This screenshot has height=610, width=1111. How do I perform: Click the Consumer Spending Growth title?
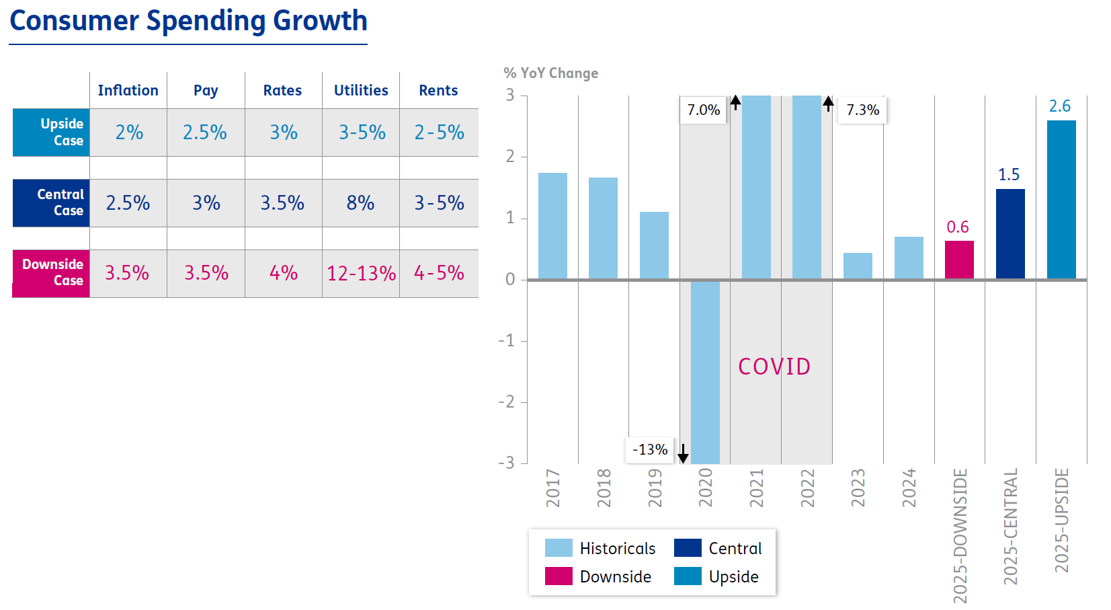tap(188, 22)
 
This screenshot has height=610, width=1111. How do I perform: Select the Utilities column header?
tap(361, 90)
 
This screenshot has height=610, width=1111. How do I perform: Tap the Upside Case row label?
tap(52, 132)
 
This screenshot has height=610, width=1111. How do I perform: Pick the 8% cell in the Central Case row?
tap(361, 203)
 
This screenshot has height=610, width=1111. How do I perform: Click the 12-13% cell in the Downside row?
tap(361, 273)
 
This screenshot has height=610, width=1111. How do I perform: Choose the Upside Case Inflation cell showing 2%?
tap(128, 132)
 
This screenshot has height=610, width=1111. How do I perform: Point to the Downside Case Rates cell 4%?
tap(283, 273)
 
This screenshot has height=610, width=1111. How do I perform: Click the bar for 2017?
tap(552, 226)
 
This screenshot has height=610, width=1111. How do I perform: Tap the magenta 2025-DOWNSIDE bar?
tap(959, 260)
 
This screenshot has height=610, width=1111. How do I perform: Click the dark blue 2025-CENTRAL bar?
tap(1010, 233)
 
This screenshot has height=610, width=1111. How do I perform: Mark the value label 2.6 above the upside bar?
tap(1060, 106)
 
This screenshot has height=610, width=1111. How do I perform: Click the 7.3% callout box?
tap(862, 110)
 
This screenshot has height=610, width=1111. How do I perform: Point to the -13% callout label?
tap(650, 450)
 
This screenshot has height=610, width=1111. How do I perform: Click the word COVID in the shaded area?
tap(774, 367)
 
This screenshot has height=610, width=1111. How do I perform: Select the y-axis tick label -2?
tap(506, 402)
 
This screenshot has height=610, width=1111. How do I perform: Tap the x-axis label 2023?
tap(858, 488)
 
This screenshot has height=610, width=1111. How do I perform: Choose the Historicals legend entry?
tap(600, 548)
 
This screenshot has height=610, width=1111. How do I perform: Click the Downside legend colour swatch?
tap(559, 576)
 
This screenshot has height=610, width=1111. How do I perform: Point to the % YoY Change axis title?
tap(550, 73)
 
